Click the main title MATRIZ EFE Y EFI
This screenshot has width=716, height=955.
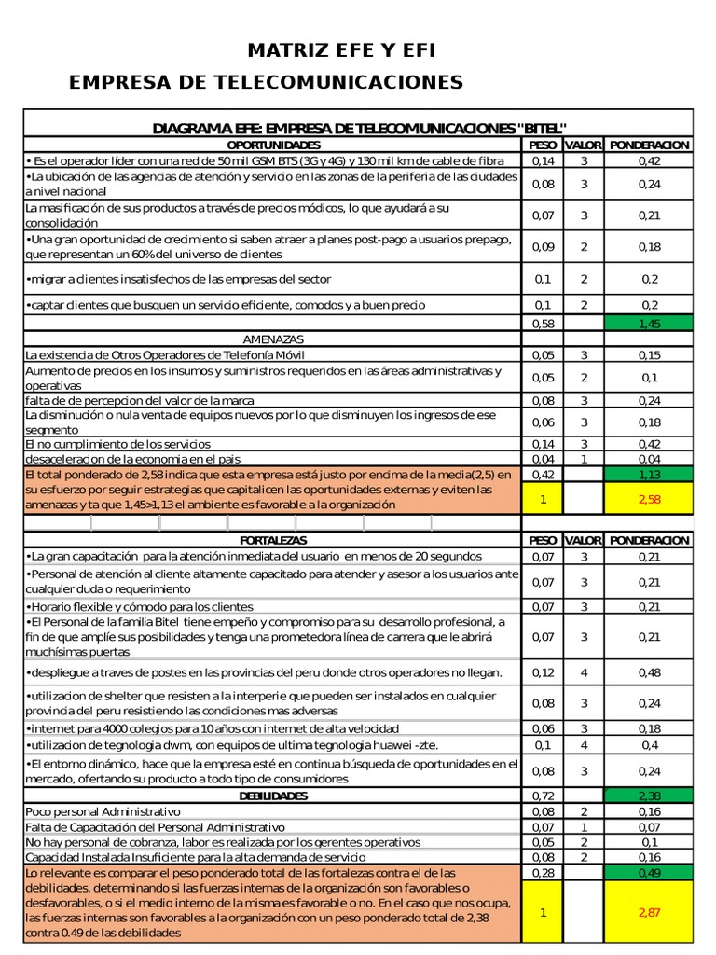tap(341, 50)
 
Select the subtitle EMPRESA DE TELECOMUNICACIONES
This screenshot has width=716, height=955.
tap(267, 83)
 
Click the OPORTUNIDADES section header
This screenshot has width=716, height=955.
tap(273, 145)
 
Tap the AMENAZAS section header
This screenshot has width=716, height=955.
tap(273, 339)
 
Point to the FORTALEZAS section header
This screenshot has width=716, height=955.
tap(273, 540)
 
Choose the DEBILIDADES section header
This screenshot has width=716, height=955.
tap(273, 796)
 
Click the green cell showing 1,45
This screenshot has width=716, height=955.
tap(649, 323)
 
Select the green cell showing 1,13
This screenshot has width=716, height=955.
tap(649, 474)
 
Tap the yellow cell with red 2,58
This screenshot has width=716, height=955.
tap(649, 500)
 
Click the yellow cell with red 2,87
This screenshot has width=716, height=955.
tap(649, 911)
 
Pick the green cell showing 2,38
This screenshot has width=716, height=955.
tap(649, 796)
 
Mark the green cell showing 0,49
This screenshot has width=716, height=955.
tap(649, 872)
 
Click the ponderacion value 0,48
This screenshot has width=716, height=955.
tap(649, 672)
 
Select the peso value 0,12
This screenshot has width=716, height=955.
tap(542, 672)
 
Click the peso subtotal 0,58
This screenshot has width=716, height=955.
tap(542, 323)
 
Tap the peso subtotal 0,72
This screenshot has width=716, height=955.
tap(542, 796)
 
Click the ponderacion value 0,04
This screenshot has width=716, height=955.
tap(649, 459)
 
